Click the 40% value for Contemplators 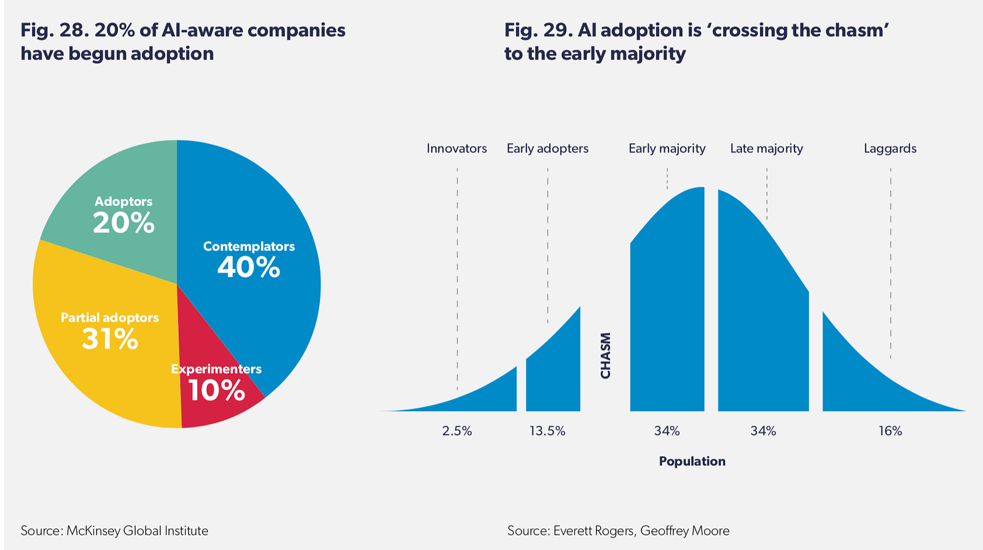248,267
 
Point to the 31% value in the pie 110,339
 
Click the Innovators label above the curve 457,148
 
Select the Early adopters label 547,148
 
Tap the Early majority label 667,148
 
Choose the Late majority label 767,148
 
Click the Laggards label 890,148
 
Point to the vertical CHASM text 606,356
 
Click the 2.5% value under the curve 457,431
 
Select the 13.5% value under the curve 547,431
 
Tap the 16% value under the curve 890,431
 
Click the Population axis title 692,462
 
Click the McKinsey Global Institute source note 114,531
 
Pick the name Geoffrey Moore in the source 684,531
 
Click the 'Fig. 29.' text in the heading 538,30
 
